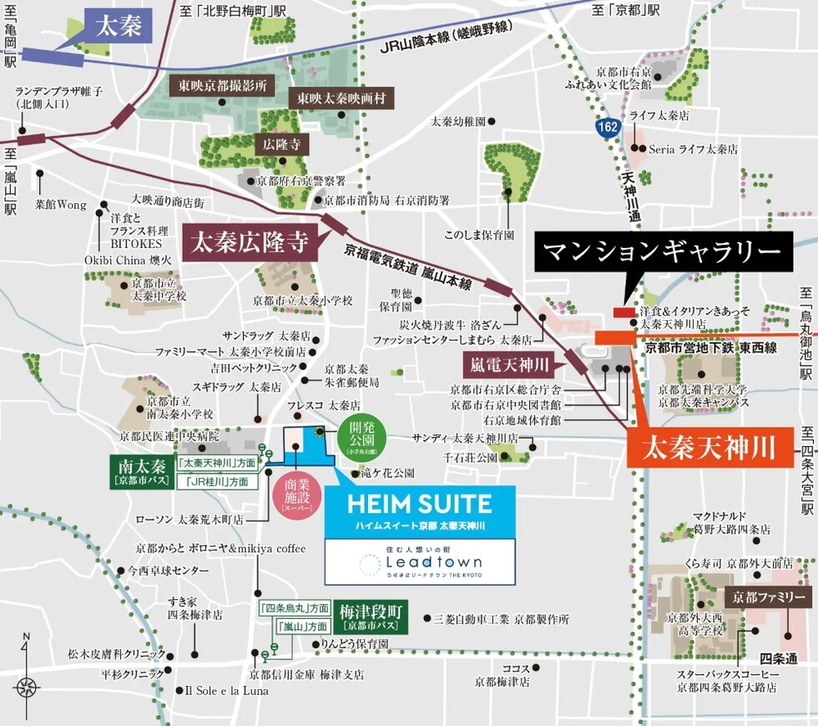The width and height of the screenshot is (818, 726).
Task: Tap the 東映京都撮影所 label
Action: [223, 84]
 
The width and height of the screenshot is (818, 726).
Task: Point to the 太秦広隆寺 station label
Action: [249, 242]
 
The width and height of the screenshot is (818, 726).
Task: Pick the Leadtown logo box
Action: [420, 561]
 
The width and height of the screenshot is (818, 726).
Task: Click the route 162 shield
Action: [608, 127]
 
